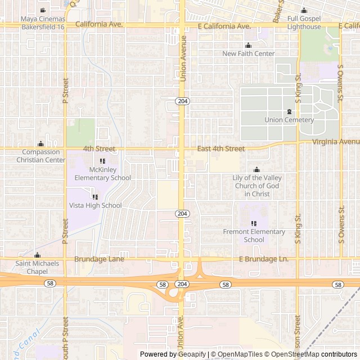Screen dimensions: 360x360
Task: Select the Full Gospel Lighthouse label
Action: tap(304, 22)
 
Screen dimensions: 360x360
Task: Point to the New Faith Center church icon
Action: tap(248, 46)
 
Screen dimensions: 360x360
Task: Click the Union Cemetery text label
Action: tap(289, 120)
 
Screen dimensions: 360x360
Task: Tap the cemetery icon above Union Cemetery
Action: tap(289, 111)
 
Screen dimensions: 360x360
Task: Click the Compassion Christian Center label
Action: tap(40, 156)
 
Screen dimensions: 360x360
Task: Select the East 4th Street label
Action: tap(221, 149)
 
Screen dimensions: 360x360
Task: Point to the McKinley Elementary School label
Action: tap(102, 174)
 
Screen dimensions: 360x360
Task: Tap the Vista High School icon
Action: tap(95, 197)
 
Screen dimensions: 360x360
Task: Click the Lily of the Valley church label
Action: tap(257, 186)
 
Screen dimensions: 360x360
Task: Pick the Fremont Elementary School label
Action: tap(254, 236)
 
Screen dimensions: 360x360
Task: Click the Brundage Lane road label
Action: tap(99, 259)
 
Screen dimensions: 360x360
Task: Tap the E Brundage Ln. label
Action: tap(263, 259)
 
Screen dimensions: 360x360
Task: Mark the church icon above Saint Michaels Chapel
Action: tap(37, 255)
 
